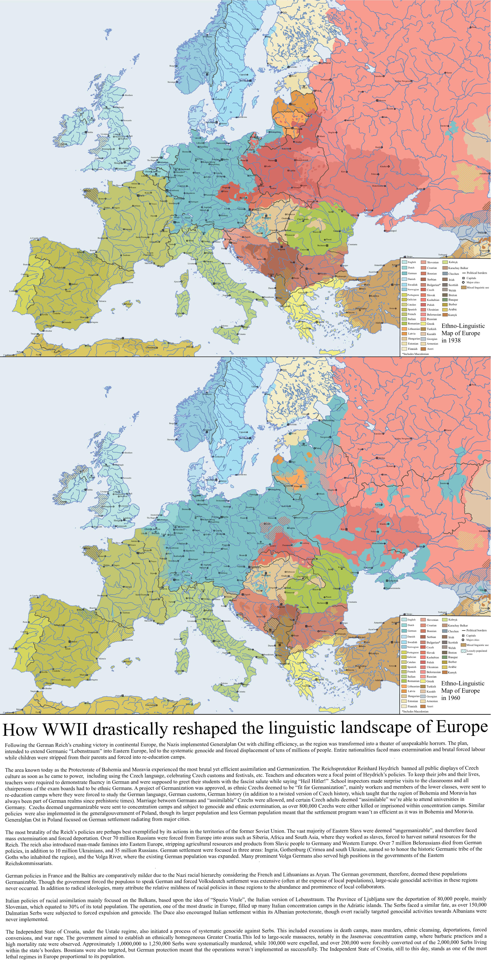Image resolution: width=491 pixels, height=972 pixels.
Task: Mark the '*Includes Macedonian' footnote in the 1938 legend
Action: (x=415, y=354)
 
